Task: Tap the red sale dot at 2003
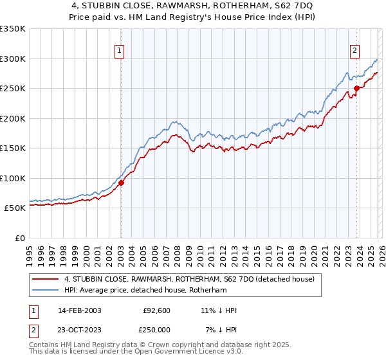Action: point(121,183)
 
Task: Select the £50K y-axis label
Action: point(15,208)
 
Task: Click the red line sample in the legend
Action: point(46,279)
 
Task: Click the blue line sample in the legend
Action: point(46,291)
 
